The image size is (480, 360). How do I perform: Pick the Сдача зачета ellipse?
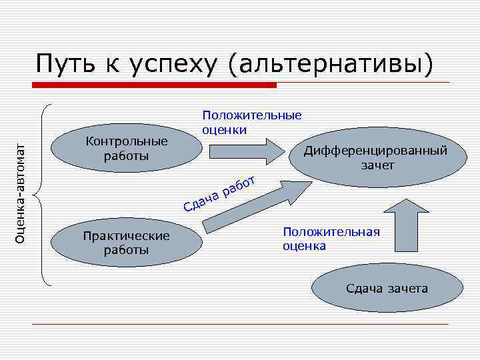(x=387, y=289)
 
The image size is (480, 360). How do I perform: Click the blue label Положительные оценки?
(x=252, y=122)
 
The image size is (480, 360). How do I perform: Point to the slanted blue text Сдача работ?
(x=219, y=193)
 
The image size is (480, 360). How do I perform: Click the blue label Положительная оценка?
(x=331, y=239)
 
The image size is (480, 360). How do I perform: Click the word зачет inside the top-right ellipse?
(x=377, y=165)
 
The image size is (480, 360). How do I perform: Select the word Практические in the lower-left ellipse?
(x=126, y=236)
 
